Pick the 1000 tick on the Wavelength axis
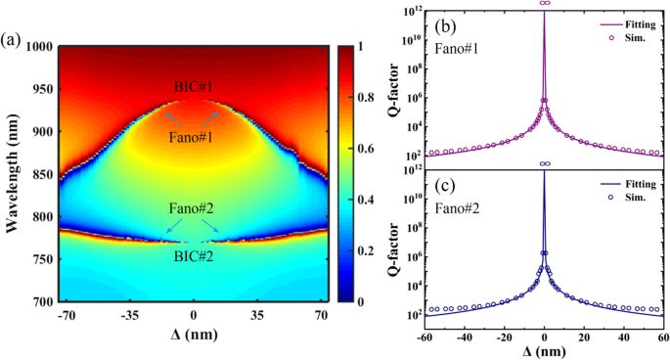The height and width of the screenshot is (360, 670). (36, 47)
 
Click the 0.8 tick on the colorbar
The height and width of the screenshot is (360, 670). (361, 98)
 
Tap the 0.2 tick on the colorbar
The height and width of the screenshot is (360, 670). (361, 251)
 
